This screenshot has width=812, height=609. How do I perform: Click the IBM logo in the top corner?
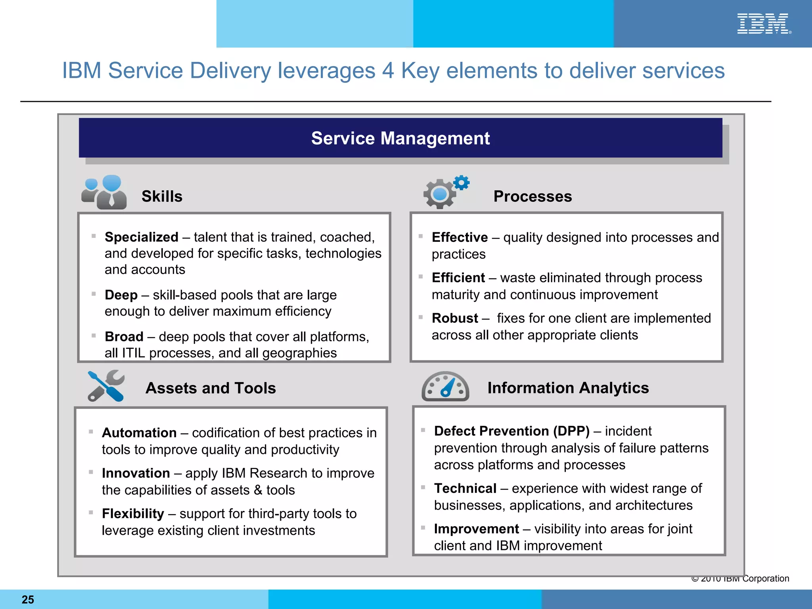[x=763, y=24]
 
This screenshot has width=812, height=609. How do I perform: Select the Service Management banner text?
[x=400, y=138]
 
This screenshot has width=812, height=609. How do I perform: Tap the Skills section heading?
[x=162, y=196]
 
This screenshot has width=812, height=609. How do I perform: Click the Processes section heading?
[x=532, y=196]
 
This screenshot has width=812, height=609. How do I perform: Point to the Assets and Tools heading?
[x=211, y=388]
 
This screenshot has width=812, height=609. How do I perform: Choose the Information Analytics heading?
[x=568, y=387]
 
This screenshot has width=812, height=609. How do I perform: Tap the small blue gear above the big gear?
[x=462, y=183]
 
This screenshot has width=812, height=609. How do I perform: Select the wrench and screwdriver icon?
[x=106, y=386]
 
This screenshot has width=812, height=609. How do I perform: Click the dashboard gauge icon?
[x=445, y=387]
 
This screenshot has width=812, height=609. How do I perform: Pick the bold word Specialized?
[x=141, y=237]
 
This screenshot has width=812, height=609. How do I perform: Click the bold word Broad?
[x=124, y=337]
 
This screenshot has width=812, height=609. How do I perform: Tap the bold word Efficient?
[x=458, y=278]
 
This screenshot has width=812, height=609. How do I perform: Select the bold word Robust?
[x=455, y=318]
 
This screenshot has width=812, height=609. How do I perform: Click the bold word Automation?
[x=139, y=433]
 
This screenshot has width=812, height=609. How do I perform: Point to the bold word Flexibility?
[x=133, y=513]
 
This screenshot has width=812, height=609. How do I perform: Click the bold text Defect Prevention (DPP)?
[x=511, y=431]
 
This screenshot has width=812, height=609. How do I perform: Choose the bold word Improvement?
[x=476, y=529]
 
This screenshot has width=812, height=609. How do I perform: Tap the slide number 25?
[x=28, y=599]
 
